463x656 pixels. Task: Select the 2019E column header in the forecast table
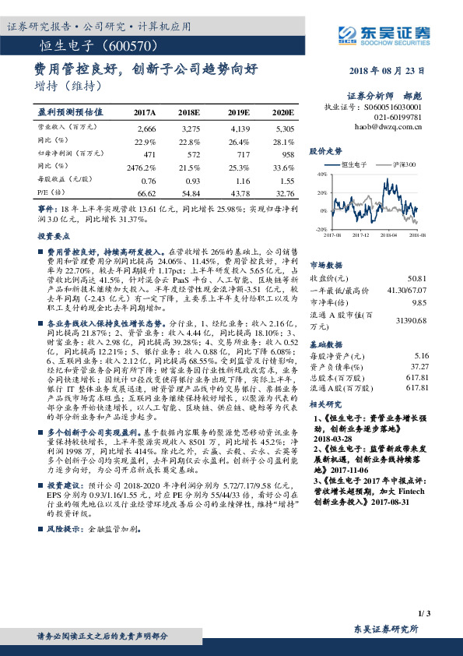pos(239,113)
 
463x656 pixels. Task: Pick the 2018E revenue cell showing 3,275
pos(191,128)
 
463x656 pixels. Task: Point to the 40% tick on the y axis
pos(321,175)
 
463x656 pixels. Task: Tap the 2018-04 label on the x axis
pos(388,233)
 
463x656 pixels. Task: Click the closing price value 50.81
pos(417,278)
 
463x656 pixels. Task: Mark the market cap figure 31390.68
pos(411,320)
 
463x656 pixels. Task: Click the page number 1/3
pos(423,614)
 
